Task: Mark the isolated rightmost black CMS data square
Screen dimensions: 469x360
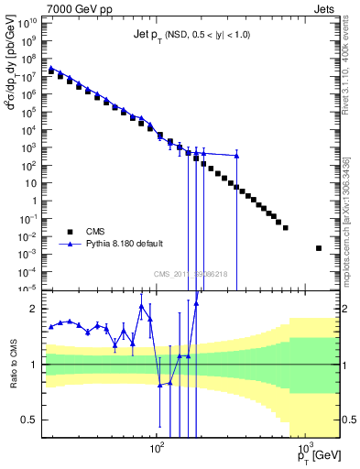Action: pos(319,248)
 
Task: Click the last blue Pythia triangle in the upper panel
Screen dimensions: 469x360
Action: pos(236,156)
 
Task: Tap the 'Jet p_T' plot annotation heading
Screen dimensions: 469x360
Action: pos(147,35)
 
